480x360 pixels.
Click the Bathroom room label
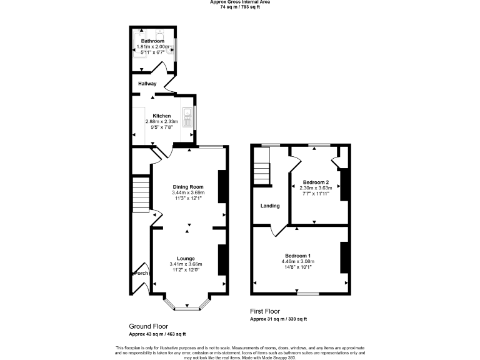pyautogui.click(x=152, y=41)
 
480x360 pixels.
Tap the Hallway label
pyautogui.click(x=147, y=83)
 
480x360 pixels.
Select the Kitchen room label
pyautogui.click(x=162, y=116)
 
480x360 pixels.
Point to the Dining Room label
pyautogui.click(x=188, y=187)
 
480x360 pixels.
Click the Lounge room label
pyautogui.click(x=186, y=258)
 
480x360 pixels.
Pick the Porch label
pyautogui.click(x=141, y=273)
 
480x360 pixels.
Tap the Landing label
pyautogui.click(x=270, y=206)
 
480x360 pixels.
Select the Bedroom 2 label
pyautogui.click(x=316, y=182)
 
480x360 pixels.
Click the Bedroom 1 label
pyautogui.click(x=297, y=256)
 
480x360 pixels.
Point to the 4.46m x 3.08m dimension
pyautogui.click(x=297, y=261)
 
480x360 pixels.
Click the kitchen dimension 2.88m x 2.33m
pyautogui.click(x=162, y=121)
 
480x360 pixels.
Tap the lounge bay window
pyautogui.click(x=186, y=306)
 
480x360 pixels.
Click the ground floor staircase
pyautogui.click(x=141, y=194)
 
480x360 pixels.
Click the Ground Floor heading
pyautogui.click(x=148, y=326)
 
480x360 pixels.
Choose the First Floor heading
pyautogui.click(x=265, y=311)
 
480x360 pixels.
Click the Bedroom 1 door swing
pyautogui.click(x=275, y=231)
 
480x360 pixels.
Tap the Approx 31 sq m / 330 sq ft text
pyautogui.click(x=278, y=319)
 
